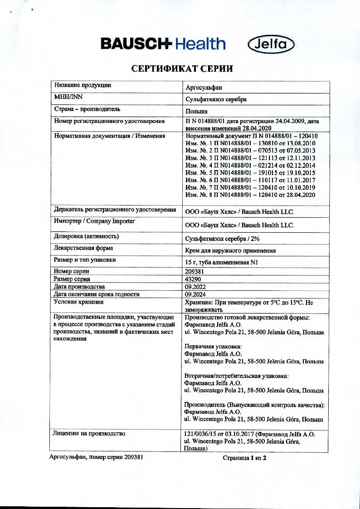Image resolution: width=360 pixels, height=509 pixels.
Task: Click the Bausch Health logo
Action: pos(163,44)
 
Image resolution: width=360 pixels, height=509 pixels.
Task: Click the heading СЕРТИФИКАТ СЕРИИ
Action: pos(182,69)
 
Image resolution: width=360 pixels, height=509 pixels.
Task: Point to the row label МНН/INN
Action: pos(66,97)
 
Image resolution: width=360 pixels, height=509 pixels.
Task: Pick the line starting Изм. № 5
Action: pos(250,173)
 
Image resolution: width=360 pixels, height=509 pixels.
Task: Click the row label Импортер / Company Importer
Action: pos(94,221)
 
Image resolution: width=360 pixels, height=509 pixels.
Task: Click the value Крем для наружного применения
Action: pos(230,250)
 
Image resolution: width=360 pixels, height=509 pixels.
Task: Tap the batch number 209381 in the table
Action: pos(195,271)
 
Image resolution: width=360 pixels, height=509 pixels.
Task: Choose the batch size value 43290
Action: pos(194,279)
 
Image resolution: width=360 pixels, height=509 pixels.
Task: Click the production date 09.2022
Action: pos(195,287)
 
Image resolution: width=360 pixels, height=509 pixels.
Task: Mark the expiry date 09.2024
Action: pos(195,294)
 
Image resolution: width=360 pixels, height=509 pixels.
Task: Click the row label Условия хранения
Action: pos(78,302)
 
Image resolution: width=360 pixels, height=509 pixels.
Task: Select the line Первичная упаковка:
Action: pos(213,347)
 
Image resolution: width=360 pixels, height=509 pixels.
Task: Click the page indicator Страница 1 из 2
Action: pos(244,458)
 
